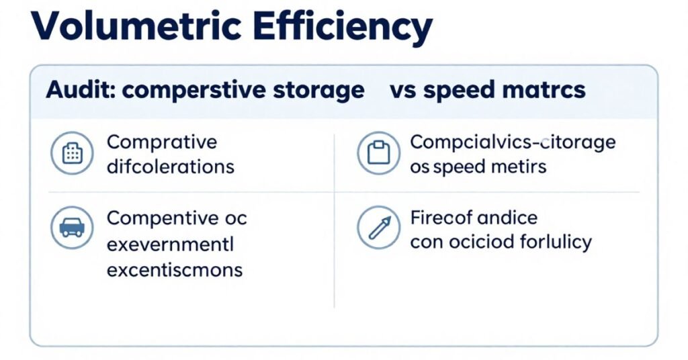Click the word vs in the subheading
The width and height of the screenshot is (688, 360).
[402, 91]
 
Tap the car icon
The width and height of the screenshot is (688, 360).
[72, 228]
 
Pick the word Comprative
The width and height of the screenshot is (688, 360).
[162, 142]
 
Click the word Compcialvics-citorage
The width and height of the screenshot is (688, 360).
[513, 142]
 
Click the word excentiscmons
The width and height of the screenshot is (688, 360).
[175, 270]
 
